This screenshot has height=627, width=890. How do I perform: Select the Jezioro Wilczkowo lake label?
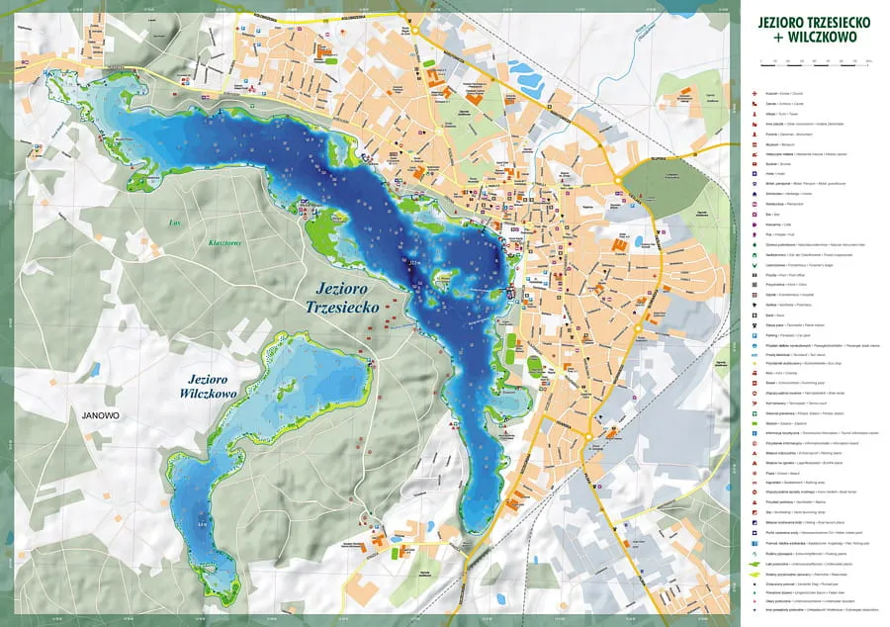click(214, 386)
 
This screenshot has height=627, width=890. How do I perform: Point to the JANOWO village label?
click(94, 416)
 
